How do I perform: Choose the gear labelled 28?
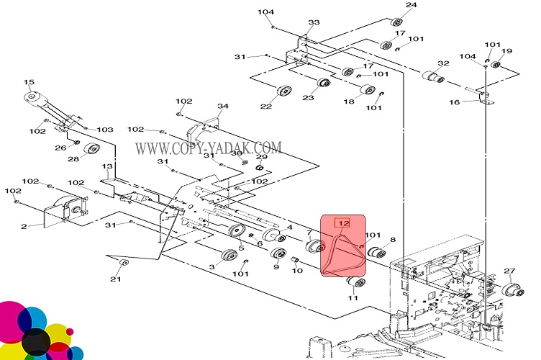91,150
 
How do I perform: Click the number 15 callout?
29,82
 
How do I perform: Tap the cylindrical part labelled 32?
431,77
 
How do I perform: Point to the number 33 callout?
314,23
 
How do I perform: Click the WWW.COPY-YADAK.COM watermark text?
209,148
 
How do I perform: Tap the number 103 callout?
105,130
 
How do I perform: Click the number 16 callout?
454,102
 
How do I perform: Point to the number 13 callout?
107,166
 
